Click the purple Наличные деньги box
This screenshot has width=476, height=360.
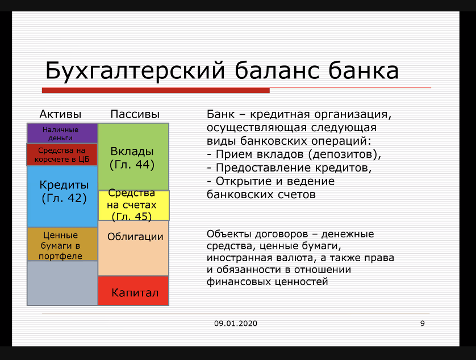tap(62, 133)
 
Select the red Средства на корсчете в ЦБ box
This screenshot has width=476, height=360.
tap(62, 154)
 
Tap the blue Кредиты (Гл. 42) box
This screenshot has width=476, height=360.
tap(62, 196)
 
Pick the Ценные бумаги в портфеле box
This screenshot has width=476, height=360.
tap(62, 244)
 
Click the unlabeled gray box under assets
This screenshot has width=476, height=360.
tap(62, 283)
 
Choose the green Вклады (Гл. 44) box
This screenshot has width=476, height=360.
tap(133, 157)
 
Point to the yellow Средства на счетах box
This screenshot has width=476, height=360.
tap(133, 206)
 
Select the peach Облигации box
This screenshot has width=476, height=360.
tap(133, 248)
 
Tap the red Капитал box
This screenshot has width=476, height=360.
tap(133, 291)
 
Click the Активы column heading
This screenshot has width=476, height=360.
tap(60, 114)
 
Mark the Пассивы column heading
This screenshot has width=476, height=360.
tap(135, 114)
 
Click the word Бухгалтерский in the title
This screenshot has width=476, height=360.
tap(135, 70)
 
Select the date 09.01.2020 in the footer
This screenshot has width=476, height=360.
tap(236, 324)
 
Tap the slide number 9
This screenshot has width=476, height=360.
tap(422, 324)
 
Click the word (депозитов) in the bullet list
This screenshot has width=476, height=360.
tap(345, 154)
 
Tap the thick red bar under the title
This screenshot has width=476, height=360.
tap(156, 90)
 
